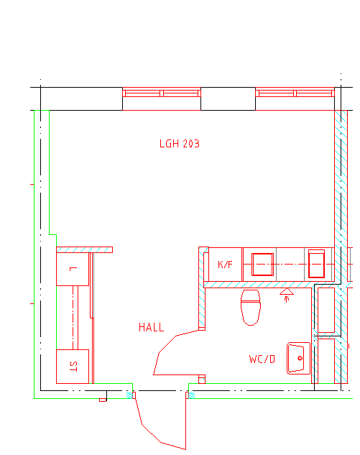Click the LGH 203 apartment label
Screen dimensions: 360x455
[180, 144]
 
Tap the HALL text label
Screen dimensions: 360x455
[151, 327]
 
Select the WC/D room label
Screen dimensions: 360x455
[262, 359]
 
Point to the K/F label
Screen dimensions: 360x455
[225, 265]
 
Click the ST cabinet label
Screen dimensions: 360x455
[73, 367]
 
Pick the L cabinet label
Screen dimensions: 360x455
[73, 269]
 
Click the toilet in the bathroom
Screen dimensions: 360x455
[251, 308]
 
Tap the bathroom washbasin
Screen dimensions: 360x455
[298, 359]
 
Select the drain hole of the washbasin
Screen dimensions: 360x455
[300, 358]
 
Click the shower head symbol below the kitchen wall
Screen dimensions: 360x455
[287, 295]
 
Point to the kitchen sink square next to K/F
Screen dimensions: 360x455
[262, 265]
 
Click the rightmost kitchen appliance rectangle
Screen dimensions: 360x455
[316, 264]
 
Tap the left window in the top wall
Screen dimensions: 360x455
[162, 93]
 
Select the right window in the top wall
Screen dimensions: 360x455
[295, 93]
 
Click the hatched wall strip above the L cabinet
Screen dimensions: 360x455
[84, 249]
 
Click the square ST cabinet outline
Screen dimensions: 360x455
[73, 367]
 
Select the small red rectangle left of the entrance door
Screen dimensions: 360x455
[103, 400]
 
